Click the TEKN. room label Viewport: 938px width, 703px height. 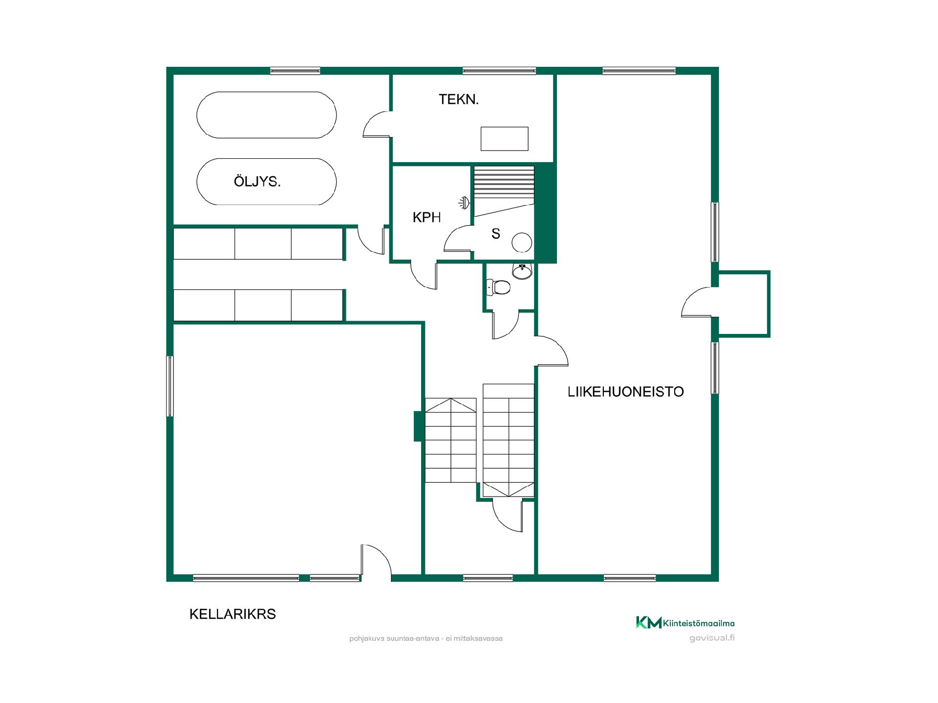pyautogui.click(x=458, y=100)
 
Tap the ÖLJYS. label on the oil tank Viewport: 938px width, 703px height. pyautogui.click(x=257, y=182)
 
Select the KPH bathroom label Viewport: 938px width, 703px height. pyautogui.click(x=426, y=218)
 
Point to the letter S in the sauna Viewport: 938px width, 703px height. pyautogui.click(x=496, y=234)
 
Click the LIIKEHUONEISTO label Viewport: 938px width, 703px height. pyautogui.click(x=625, y=392)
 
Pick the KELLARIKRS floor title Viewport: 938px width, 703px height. pyautogui.click(x=233, y=614)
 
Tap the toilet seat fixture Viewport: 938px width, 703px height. pyautogui.click(x=498, y=287)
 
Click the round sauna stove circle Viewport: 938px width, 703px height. pyautogui.click(x=522, y=242)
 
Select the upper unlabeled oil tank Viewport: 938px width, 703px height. pyautogui.click(x=266, y=115)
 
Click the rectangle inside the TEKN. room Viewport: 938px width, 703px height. pyautogui.click(x=505, y=139)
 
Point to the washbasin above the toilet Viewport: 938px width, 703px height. pyautogui.click(x=522, y=271)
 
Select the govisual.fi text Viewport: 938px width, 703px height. pyautogui.click(x=712, y=638)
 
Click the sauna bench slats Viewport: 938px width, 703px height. pyautogui.click(x=504, y=182)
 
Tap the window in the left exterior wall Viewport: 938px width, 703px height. pyautogui.click(x=170, y=386)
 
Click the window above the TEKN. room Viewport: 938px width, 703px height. pyautogui.click(x=499, y=71)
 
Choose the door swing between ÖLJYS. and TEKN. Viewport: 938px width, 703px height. pyautogui.click(x=376, y=124)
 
